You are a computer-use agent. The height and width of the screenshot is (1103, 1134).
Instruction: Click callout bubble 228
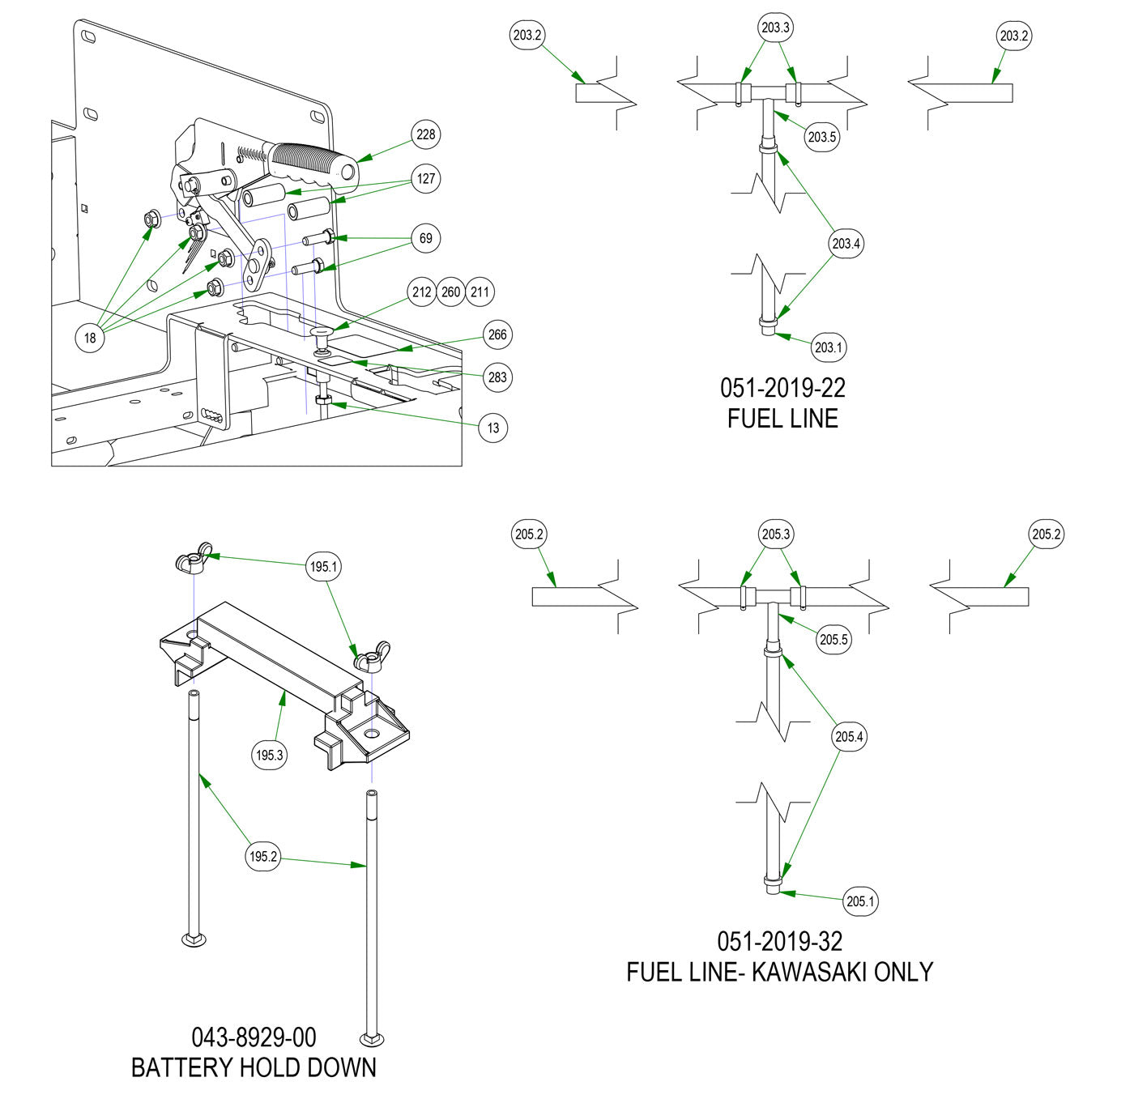tap(426, 134)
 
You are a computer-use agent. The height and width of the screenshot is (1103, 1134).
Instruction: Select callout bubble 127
tap(426, 179)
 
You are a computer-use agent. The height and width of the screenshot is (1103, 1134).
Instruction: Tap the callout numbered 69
tap(426, 238)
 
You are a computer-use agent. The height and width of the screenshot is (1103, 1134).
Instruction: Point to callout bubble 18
tap(90, 338)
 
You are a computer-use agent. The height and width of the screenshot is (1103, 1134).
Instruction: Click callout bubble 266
tap(497, 334)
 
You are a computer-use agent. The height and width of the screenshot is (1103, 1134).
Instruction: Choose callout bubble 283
tap(497, 377)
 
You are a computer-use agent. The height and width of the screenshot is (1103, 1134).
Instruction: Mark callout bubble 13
tap(494, 428)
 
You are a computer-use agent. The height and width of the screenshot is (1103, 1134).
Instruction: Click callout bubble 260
tap(451, 292)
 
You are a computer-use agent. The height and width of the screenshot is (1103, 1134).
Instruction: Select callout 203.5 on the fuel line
tap(821, 137)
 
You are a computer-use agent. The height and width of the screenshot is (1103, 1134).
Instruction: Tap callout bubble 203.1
tap(828, 347)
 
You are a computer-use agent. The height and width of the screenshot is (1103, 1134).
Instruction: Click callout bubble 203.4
tap(846, 243)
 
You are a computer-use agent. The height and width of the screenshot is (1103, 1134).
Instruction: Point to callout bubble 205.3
tap(775, 534)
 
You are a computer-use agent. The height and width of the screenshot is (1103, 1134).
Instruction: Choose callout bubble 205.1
tap(860, 901)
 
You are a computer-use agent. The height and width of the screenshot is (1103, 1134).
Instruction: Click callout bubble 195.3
tap(270, 755)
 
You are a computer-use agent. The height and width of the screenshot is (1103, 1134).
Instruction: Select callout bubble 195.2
tap(263, 856)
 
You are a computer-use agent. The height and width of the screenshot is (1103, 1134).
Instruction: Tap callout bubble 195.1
tap(323, 567)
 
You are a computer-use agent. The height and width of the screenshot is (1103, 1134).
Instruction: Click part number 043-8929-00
tap(254, 1037)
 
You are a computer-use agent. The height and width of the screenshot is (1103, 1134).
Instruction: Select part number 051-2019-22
tap(782, 388)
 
